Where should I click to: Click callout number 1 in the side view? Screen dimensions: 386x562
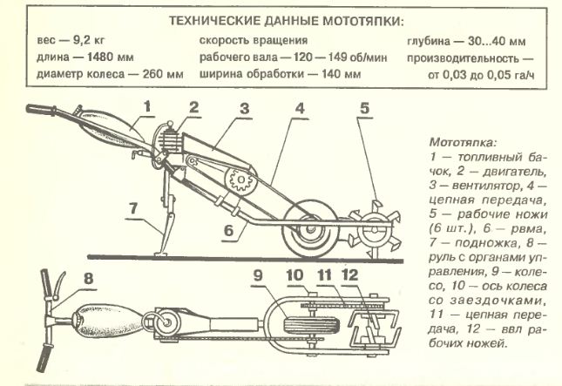tap(147, 108)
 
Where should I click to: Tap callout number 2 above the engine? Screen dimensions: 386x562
tap(193, 108)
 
